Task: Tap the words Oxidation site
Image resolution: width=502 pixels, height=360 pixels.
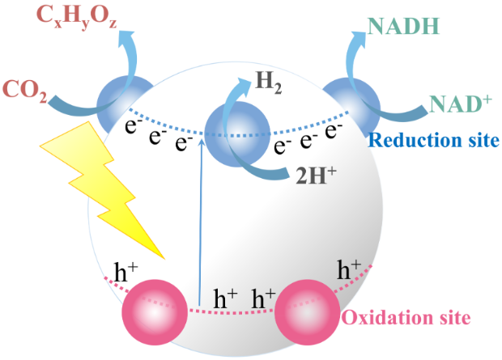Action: point(405,316)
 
